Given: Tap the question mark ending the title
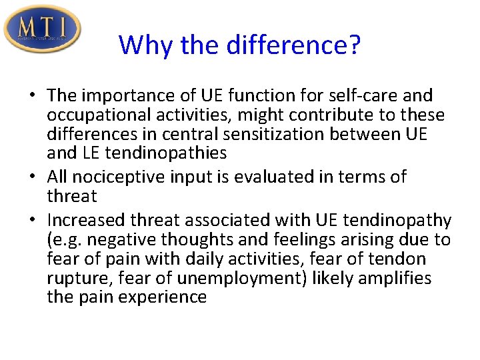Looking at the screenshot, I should click(354, 45).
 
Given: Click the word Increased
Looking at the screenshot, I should click(87, 220).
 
